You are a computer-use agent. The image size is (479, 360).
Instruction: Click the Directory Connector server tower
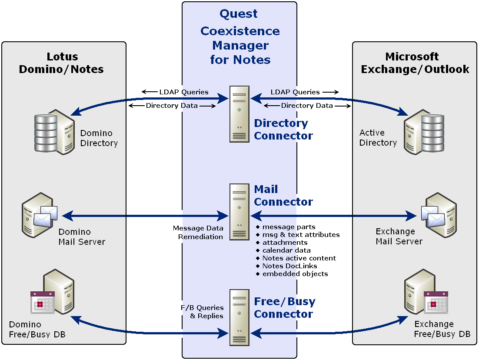point(239,114)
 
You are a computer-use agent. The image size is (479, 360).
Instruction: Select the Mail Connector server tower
point(239,212)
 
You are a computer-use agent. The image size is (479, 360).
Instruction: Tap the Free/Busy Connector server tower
point(239,317)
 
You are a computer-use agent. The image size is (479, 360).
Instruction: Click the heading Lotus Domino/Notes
point(62,63)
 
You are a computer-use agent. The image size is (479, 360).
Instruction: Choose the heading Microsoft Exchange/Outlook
point(415,63)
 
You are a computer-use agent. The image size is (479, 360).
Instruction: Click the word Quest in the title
point(239,14)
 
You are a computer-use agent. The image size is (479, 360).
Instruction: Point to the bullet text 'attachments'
point(285,243)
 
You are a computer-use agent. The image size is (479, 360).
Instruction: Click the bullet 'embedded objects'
point(295,274)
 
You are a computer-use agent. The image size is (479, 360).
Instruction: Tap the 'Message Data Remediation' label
point(198,233)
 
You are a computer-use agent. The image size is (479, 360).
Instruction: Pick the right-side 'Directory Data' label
point(307,106)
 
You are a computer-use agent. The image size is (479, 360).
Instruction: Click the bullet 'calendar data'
point(286,250)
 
